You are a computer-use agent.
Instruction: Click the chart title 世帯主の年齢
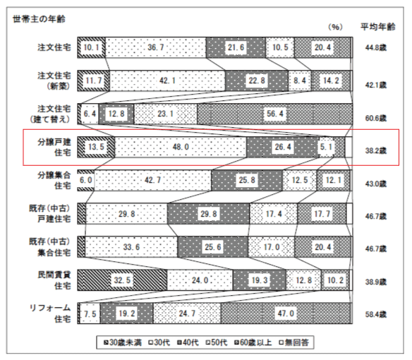[39, 19]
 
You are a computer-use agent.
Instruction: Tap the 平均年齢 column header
[378, 27]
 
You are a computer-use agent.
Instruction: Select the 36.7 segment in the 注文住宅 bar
[155, 47]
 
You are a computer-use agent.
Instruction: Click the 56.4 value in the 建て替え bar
[275, 114]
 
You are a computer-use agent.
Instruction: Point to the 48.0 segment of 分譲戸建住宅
[181, 147]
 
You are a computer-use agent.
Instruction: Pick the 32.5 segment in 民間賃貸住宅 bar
[122, 280]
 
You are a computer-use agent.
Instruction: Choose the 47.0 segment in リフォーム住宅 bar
[286, 313]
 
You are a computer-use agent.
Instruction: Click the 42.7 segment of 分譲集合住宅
[152, 180]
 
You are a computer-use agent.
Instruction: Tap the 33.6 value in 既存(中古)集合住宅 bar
[131, 247]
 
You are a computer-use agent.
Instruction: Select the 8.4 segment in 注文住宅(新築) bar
[300, 80]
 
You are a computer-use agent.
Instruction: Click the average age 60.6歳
[376, 118]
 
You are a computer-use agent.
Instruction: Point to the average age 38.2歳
[376, 150]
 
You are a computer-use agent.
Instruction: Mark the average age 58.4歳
[376, 314]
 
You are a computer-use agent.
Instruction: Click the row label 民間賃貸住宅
[54, 280]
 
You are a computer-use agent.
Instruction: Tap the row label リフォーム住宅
[50, 313]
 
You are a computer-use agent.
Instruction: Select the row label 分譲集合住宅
[54, 181]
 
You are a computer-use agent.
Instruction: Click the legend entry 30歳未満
[123, 342]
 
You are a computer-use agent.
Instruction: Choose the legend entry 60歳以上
[253, 342]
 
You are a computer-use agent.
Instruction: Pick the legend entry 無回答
[294, 342]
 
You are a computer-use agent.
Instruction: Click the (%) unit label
[335, 27]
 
